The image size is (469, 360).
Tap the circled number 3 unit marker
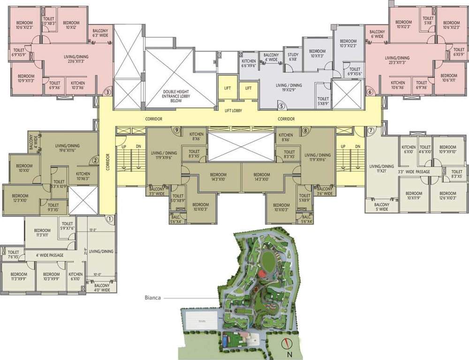108,92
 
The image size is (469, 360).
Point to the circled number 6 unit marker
370,92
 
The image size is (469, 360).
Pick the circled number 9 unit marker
177,130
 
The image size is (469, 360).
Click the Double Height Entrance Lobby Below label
174,96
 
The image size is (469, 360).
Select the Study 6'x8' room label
293,57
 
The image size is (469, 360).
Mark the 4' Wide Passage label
53,255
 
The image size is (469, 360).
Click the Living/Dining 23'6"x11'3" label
76,59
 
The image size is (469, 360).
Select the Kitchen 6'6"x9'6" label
249,64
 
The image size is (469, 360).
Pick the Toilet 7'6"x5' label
13,255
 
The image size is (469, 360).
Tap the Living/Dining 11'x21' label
381,169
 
